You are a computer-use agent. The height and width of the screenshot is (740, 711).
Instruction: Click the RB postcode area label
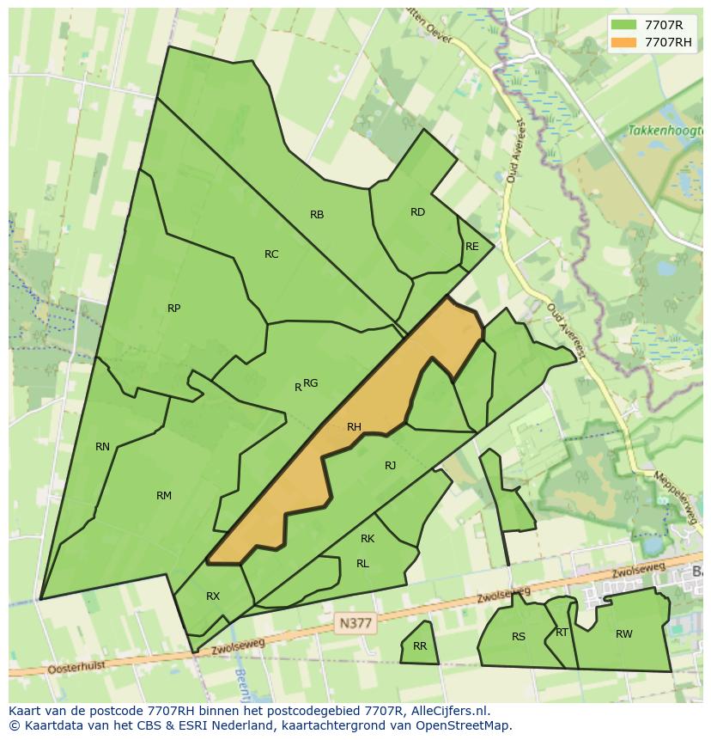coord(317,215)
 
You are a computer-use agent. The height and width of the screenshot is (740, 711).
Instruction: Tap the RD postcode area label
coord(417,212)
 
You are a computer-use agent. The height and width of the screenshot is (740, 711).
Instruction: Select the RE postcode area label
coord(471,247)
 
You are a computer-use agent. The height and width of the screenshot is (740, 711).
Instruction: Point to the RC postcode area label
coord(271,254)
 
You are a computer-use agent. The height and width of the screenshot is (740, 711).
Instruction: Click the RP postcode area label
coord(173,309)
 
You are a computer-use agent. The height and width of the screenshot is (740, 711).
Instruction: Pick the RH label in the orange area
coord(354,427)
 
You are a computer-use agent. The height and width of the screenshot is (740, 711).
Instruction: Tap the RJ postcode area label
coord(391,466)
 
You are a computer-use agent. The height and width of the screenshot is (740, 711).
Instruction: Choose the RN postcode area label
coord(103,447)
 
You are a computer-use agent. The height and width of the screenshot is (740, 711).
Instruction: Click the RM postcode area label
coord(164,496)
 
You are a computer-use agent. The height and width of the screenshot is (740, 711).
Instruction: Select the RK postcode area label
coord(368,539)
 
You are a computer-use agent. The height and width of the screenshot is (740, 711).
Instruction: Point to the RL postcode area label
coord(362,564)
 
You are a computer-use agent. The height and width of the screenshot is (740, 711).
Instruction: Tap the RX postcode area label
coord(213,596)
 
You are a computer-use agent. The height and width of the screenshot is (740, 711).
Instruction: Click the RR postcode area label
coord(420,646)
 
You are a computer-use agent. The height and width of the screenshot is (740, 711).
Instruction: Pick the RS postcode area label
coord(519,637)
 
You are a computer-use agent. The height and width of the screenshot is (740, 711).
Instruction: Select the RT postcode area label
coord(562,633)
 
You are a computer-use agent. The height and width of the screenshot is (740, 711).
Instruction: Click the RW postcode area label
coord(623,634)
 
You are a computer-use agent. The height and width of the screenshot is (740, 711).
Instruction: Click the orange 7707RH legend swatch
coord(623,42)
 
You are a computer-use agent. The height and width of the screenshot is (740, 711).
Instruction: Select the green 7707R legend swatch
coord(623,24)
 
